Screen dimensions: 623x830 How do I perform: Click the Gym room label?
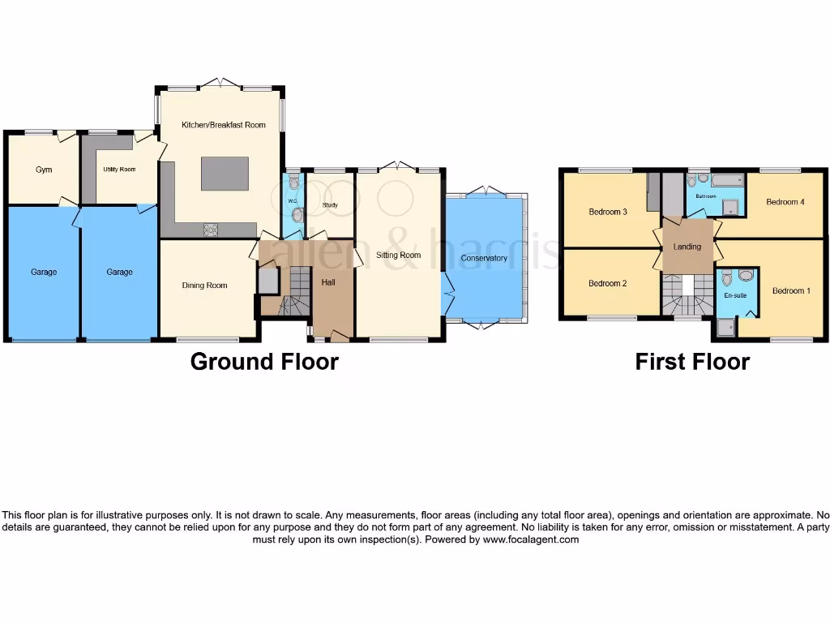click(43, 170)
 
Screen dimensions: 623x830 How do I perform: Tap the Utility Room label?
click(119, 170)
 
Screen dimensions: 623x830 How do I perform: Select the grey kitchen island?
click(225, 174)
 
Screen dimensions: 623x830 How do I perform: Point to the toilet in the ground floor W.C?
click(296, 215)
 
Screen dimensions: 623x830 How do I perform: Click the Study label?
click(330, 205)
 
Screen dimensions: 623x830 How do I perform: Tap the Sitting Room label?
click(399, 255)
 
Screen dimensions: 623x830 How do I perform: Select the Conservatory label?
click(484, 259)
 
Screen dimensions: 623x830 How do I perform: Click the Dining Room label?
click(204, 286)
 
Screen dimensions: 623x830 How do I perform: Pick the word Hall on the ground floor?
click(328, 282)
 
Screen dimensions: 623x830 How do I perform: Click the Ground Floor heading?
click(264, 361)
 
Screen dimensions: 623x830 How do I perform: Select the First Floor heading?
click(692, 361)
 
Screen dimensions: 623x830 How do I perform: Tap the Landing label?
click(687, 247)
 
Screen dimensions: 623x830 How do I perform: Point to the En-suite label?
click(735, 296)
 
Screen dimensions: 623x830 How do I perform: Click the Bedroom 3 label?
click(608, 213)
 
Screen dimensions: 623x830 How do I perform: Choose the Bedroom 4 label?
click(785, 202)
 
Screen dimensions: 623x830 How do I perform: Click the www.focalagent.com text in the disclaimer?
click(530, 539)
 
